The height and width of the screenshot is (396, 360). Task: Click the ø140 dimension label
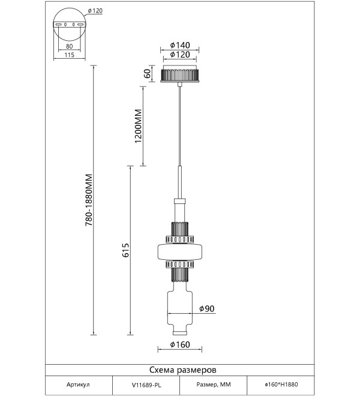180,45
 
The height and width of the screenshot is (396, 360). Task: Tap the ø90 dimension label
207,308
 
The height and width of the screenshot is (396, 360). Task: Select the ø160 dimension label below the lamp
180,344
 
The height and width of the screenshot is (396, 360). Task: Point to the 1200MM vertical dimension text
138,126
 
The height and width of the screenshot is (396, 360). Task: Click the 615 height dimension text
125,250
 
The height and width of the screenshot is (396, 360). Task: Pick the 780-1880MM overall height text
89,200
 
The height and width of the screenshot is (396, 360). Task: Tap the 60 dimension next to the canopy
147,73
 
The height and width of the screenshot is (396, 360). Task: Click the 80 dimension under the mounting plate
69,46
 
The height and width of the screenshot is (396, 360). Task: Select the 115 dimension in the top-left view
69,55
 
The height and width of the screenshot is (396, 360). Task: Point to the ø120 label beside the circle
95,11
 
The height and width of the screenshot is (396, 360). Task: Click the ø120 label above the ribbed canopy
180,54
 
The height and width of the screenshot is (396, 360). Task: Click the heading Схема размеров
183,370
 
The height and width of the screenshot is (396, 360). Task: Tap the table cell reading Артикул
78,385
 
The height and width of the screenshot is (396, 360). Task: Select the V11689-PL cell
146,385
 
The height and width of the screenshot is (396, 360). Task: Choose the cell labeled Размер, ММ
214,385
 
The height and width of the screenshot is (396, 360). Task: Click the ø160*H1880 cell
281,385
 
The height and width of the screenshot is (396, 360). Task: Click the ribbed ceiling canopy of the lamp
179,74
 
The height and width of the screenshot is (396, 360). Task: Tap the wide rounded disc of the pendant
180,252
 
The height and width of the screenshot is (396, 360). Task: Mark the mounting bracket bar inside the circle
70,25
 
